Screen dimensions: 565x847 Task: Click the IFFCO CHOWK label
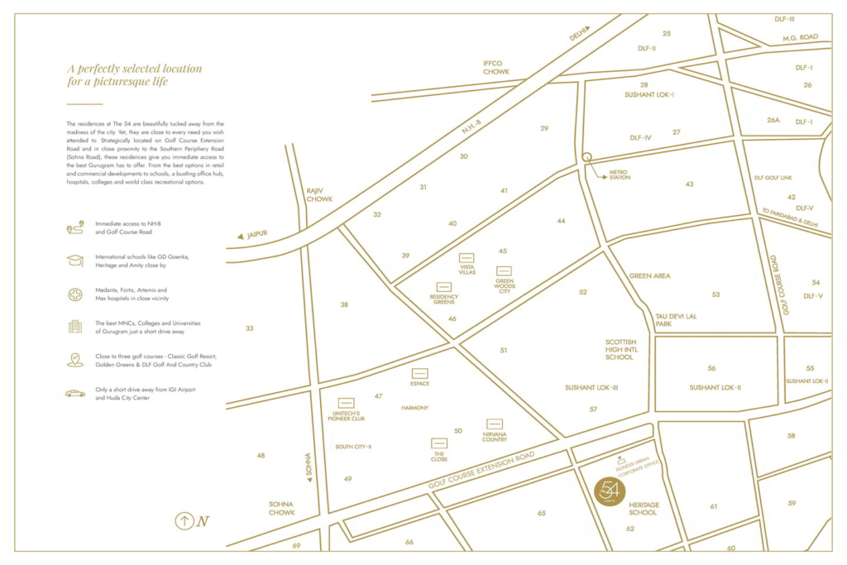tap(496, 67)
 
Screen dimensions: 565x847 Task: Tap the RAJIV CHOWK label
tap(319, 194)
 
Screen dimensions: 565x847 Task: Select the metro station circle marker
tap(586, 156)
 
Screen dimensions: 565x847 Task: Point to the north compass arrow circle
tap(184, 521)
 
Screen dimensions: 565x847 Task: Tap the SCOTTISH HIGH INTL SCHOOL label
tap(620, 349)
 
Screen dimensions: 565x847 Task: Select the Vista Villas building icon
tap(467, 257)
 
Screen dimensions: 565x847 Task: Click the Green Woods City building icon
tap(504, 271)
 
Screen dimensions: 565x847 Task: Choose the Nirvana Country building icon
tap(495, 424)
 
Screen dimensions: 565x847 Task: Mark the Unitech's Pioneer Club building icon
tap(346, 403)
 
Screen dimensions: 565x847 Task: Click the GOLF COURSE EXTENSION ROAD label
tap(482, 473)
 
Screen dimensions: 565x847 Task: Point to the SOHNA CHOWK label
tap(282, 508)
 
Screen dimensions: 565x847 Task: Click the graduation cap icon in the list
tap(75, 261)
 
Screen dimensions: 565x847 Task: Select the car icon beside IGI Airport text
tap(75, 393)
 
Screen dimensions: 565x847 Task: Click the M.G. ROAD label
tap(800, 38)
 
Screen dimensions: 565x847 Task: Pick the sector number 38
tap(344, 305)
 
